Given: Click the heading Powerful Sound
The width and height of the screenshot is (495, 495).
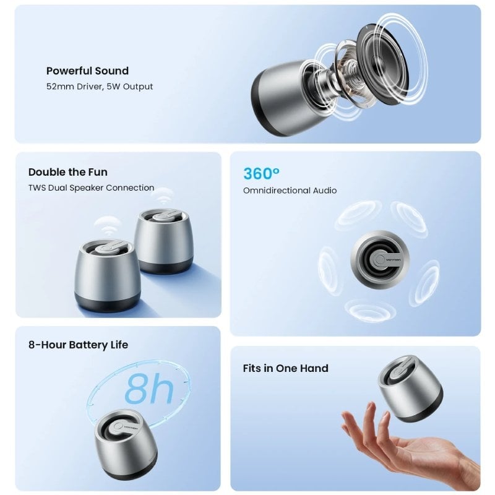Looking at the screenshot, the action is (x=87, y=71).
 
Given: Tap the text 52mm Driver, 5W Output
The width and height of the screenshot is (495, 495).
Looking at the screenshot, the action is (x=100, y=87).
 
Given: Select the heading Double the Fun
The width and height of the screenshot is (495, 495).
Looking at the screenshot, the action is (x=68, y=172).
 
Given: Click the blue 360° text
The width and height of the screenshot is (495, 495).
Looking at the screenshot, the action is (x=261, y=173).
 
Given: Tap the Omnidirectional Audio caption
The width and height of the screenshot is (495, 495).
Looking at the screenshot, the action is (x=290, y=191).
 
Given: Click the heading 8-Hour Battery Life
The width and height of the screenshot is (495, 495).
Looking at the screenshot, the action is (x=79, y=345).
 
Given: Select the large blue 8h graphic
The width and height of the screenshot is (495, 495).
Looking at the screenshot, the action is (x=149, y=389).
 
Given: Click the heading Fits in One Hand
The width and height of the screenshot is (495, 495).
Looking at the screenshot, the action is (x=286, y=368).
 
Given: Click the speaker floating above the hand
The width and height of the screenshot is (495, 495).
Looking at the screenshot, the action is (x=410, y=389).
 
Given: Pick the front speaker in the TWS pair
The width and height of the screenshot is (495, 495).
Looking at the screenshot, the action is (x=106, y=275).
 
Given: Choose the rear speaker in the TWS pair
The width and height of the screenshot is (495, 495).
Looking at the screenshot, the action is (x=163, y=241).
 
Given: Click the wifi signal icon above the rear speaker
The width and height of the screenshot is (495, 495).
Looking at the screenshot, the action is (x=162, y=196).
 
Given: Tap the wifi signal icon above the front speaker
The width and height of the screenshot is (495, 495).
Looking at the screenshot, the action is (x=108, y=226).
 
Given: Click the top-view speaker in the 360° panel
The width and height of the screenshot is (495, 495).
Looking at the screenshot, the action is (x=380, y=259).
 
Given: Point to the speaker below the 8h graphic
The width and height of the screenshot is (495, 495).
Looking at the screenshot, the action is (x=126, y=444).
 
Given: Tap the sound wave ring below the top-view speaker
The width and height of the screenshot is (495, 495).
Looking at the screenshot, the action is (x=370, y=311).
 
